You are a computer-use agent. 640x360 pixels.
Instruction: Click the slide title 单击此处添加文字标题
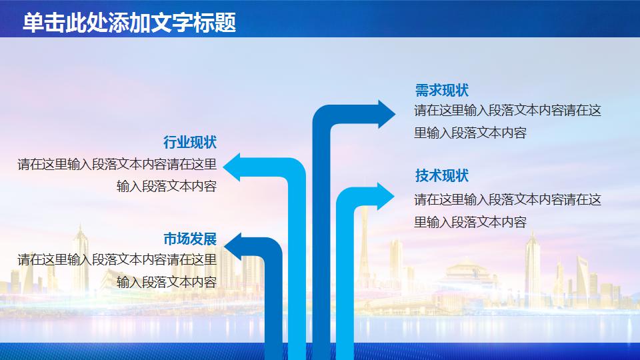coord(129,22)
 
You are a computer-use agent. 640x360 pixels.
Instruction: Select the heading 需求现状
coord(441,90)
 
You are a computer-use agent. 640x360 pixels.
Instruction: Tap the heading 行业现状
coord(190,142)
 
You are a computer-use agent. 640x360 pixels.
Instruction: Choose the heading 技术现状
coord(441,175)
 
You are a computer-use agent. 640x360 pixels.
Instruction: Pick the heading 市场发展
coord(190,239)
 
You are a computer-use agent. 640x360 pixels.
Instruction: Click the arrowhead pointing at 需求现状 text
coord(386,114)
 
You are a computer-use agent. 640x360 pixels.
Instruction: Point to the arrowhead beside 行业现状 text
coord(232,167)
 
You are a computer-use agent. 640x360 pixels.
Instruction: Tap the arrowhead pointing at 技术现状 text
coord(386,197)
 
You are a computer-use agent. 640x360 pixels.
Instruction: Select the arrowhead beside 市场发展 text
coord(233,247)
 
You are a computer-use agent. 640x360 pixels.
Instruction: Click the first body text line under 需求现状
coord(507,110)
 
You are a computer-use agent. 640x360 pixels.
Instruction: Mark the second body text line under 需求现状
coord(470,133)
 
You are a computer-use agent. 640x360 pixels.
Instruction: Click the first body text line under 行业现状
coord(117,165)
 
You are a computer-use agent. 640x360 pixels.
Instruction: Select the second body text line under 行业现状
coord(167,187)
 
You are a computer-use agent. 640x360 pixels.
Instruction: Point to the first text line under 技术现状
coord(507,199)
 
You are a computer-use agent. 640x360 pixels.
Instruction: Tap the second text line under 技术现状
coord(470,222)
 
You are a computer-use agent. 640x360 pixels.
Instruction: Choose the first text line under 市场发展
coord(117,259)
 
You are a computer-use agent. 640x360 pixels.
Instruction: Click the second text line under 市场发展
coord(167,282)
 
